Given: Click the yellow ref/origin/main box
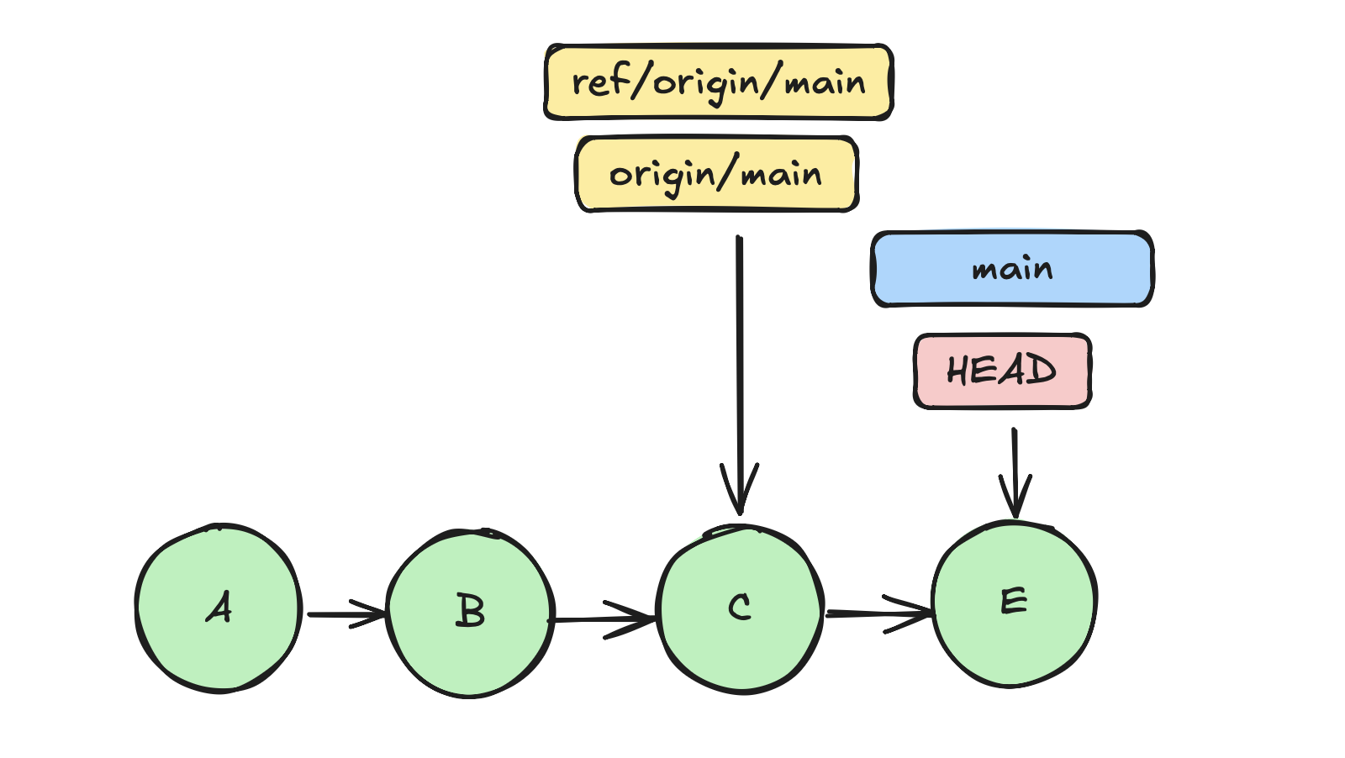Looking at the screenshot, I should point(719,82).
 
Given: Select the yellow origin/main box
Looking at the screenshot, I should point(716,174).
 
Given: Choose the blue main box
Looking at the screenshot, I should point(1012,269).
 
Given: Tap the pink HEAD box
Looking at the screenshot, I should point(1002,371).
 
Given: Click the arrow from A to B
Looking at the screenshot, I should point(345,614).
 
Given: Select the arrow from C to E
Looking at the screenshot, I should point(878,614).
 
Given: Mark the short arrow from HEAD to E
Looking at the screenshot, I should point(1015,471).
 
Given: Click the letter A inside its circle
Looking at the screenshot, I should point(219,607).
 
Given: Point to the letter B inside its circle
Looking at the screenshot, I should point(471,610).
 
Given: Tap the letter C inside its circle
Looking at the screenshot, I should point(740,607).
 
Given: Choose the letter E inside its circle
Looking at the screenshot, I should point(1014,601).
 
